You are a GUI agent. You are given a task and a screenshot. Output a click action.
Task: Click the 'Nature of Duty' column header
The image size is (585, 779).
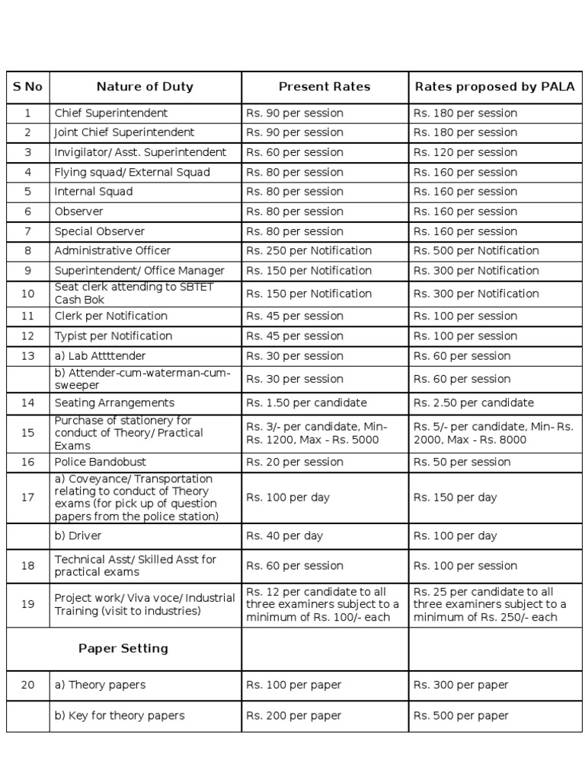point(145,87)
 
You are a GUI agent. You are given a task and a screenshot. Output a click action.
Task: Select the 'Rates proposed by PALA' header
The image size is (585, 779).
point(494,87)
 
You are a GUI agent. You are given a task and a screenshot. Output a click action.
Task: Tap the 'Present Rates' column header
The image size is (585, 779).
point(324,87)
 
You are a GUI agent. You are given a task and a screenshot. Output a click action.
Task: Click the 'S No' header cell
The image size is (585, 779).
point(27,87)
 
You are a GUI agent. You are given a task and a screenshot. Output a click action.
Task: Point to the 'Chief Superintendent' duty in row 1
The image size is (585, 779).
point(111,113)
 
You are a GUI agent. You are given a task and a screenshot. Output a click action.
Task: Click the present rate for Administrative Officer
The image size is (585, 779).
point(308,251)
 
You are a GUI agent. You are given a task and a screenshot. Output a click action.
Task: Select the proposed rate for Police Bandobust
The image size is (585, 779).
point(462,462)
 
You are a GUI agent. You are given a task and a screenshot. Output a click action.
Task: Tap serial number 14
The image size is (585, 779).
point(27,403)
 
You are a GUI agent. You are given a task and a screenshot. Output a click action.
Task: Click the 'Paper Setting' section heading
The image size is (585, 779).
point(123,649)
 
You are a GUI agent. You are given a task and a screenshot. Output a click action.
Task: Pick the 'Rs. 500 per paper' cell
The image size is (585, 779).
point(461,716)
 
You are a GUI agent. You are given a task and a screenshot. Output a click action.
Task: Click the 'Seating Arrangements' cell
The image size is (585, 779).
point(114,403)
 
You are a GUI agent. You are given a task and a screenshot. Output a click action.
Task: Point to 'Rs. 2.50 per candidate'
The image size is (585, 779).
point(474,403)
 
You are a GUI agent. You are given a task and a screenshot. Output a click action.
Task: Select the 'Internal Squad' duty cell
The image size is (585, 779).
point(94,192)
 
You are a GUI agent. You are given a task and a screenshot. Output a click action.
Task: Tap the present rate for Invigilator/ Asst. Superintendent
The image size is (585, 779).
point(294,152)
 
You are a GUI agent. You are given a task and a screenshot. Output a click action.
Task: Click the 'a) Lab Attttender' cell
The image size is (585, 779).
point(100,356)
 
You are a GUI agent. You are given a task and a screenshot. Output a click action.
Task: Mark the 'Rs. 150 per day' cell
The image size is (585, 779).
point(455,498)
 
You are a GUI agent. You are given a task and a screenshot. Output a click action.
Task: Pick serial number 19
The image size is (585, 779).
point(27,605)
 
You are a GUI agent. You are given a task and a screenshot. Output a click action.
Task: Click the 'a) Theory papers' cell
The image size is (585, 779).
point(100,685)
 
